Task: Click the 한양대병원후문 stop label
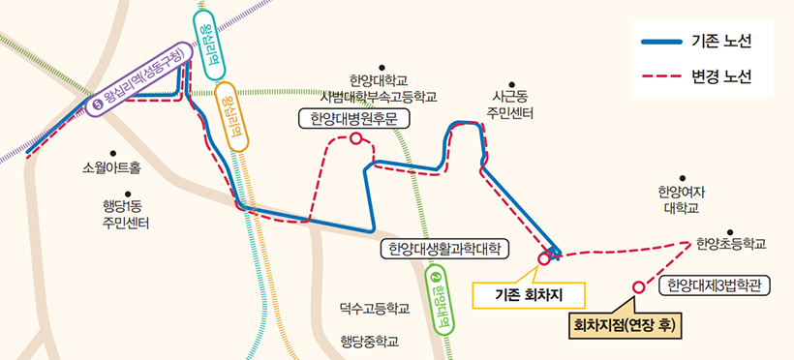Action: pyautogui.click(x=354, y=119)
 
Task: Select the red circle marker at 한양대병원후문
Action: pyautogui.click(x=356, y=139)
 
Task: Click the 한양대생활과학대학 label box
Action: pyautogui.click(x=443, y=249)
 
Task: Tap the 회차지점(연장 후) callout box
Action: pyautogui.click(x=624, y=324)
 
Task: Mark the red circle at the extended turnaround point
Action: pyautogui.click(x=637, y=286)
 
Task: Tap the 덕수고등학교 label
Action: pyautogui.click(x=375, y=309)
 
